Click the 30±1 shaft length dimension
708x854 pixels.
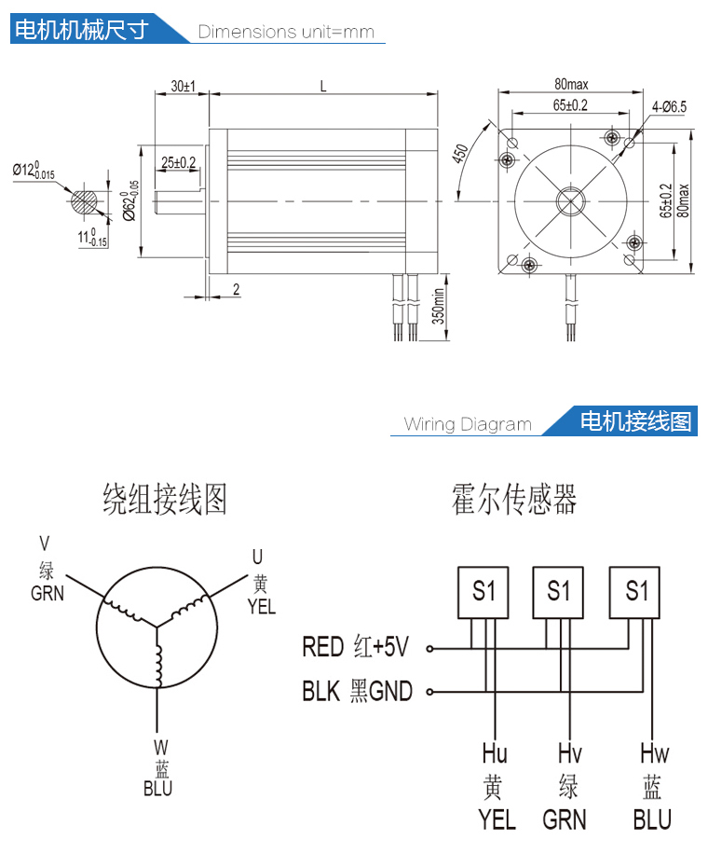[182, 86]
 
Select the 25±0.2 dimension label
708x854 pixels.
[178, 162]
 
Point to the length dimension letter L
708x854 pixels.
[322, 86]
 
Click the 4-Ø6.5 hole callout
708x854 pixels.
[669, 107]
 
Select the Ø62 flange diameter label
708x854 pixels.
[129, 199]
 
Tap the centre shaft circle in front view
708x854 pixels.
[570, 200]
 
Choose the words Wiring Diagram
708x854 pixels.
[468, 424]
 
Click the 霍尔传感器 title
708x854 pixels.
[514, 499]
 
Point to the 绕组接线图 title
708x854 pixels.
[164, 500]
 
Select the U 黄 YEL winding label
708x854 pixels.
[261, 582]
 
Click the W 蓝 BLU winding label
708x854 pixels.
[159, 767]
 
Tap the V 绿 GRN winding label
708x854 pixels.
[47, 568]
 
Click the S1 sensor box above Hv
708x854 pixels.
[558, 591]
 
